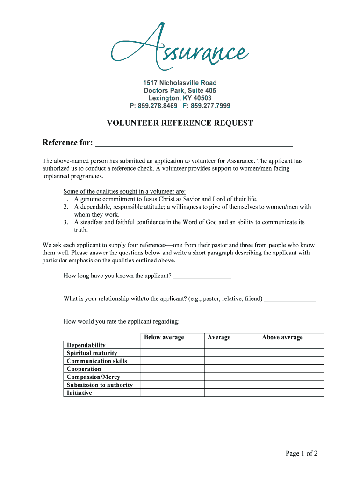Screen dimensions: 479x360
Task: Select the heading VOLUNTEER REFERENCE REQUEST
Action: click(x=180, y=123)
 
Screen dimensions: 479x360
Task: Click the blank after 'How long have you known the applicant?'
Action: click(x=202, y=276)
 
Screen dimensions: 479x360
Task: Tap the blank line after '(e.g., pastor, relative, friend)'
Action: click(x=290, y=299)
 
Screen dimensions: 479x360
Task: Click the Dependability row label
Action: click(x=86, y=345)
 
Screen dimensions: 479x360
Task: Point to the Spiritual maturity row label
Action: click(x=92, y=353)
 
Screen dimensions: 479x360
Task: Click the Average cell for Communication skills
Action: click(x=231, y=361)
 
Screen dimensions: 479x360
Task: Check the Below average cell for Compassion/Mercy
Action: click(x=172, y=377)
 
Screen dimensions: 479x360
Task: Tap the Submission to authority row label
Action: click(x=100, y=385)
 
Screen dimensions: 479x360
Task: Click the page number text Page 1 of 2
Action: click(x=302, y=453)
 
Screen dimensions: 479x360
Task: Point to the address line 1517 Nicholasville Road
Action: click(x=180, y=83)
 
